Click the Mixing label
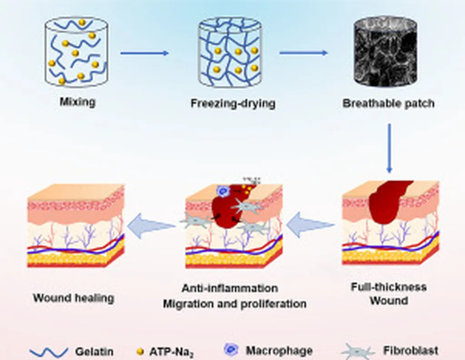78,101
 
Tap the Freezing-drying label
232,104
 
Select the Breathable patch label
388,104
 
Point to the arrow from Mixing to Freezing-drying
144,53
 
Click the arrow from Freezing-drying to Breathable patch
303,53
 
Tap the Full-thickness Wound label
389,294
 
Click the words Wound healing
73,298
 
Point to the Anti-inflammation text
230,288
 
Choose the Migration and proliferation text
234,303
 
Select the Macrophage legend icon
231,350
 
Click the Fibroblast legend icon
358,351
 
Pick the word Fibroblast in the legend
411,351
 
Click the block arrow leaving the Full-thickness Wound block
311,226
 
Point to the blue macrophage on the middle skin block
223,191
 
